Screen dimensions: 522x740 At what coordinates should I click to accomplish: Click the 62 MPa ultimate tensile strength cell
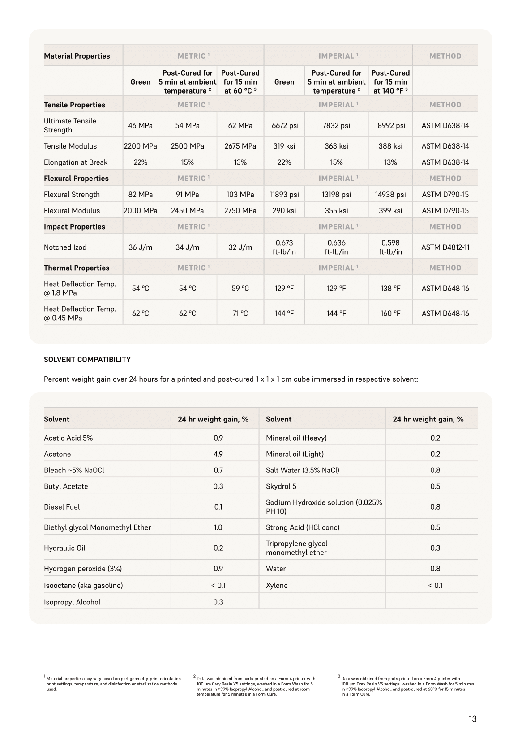point(240,126)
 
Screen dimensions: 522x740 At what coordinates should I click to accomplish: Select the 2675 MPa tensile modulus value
point(240,146)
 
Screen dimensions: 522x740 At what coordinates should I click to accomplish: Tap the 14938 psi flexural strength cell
point(390,195)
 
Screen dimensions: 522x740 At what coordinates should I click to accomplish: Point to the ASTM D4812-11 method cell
point(445,247)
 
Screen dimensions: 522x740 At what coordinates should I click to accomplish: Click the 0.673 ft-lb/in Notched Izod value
point(284,247)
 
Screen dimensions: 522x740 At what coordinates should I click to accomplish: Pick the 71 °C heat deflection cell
point(240,313)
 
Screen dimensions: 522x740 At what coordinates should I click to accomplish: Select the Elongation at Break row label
point(76,162)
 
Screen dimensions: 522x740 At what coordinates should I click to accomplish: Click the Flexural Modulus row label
point(72,210)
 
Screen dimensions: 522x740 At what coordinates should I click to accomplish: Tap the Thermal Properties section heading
point(77,268)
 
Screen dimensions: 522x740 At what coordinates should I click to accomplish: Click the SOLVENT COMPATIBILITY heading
point(87,359)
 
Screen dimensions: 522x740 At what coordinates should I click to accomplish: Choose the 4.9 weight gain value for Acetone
point(218,454)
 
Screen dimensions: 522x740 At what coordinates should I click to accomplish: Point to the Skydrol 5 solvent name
point(281,486)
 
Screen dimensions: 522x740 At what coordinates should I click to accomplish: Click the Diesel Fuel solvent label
point(62,507)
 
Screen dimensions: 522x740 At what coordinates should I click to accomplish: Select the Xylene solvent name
point(277,585)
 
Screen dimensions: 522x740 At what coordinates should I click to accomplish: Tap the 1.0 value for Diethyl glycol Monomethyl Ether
point(218,527)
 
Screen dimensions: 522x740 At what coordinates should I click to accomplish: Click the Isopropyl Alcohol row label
point(72,602)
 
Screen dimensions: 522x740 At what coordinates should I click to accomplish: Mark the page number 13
point(473,719)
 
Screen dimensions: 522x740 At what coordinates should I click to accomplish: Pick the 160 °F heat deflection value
point(390,313)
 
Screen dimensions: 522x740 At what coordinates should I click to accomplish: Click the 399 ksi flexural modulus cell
point(390,210)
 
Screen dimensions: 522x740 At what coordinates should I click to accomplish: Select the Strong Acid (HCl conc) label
point(303,527)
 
